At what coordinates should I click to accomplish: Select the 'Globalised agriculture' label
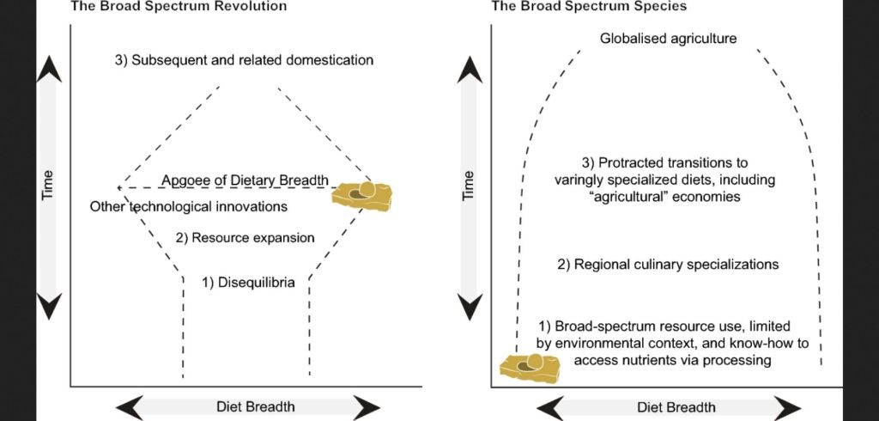point(668,39)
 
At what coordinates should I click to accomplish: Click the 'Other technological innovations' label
point(188,207)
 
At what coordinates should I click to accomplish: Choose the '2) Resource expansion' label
point(245,237)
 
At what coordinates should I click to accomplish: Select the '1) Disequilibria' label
point(249,281)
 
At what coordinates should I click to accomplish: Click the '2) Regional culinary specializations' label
point(668,265)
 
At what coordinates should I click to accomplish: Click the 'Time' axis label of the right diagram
point(469,186)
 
